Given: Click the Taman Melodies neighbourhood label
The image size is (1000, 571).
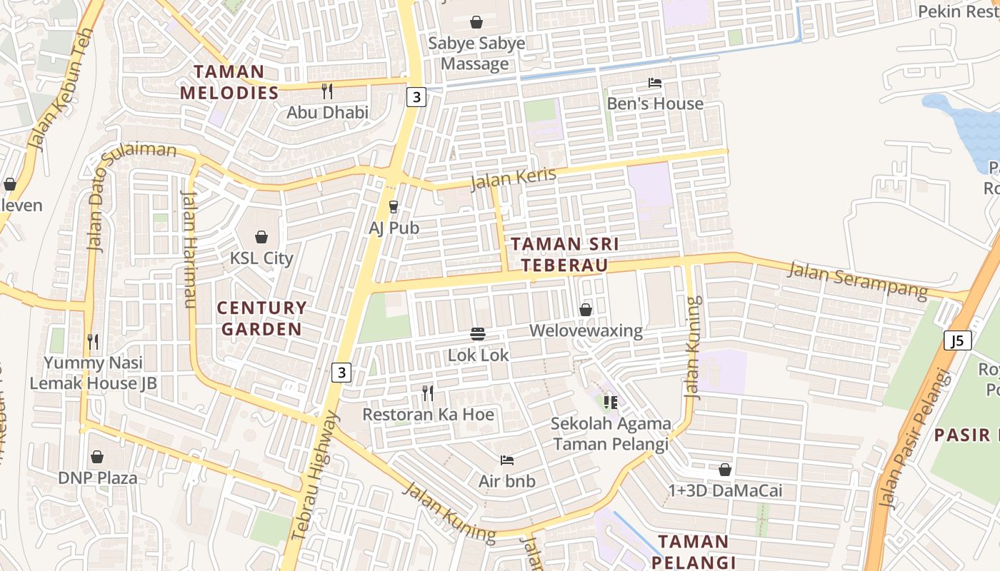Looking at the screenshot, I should [229, 82].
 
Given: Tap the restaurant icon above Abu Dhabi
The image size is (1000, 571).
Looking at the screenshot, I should [327, 91].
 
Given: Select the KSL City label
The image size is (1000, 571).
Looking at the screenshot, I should [261, 258].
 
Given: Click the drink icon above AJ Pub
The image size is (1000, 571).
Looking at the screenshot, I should [393, 207].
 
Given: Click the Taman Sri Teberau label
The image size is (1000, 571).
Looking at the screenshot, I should [564, 254].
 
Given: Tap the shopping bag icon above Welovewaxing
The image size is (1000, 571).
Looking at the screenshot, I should [586, 310].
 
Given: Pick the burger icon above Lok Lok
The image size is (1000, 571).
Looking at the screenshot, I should [478, 334].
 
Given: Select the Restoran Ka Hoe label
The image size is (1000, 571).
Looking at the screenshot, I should [428, 414].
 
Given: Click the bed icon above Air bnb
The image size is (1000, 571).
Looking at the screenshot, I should [507, 460].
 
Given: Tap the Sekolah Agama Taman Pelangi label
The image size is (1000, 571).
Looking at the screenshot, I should [611, 433].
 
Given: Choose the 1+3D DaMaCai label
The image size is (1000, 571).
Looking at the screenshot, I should [725, 490].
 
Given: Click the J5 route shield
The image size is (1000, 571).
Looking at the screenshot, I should [957, 340].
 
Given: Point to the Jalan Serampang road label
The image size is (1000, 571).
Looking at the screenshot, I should [857, 280].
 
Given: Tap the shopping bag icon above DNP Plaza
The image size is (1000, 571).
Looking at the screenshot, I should [97, 457].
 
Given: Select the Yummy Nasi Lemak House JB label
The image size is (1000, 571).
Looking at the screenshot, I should [93, 373].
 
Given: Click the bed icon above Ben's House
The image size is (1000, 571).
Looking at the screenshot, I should [655, 83].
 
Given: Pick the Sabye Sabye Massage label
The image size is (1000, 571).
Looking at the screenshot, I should [476, 53].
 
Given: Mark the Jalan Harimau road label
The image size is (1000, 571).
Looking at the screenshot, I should [189, 250].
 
